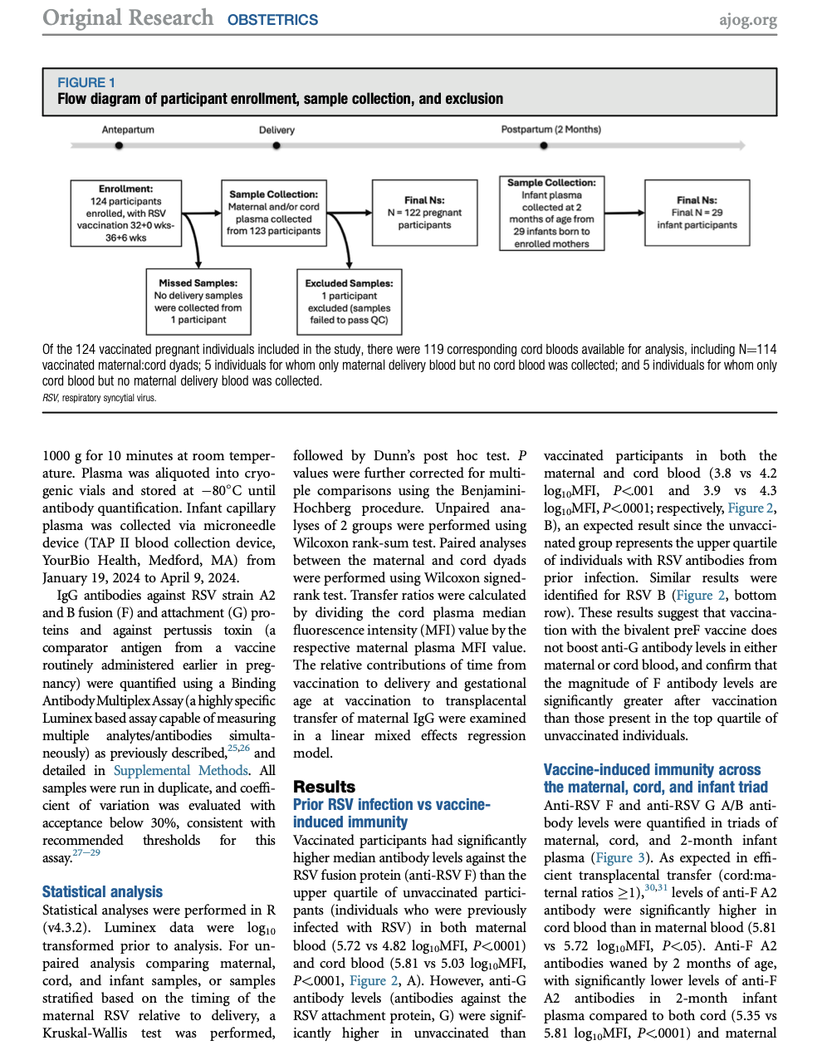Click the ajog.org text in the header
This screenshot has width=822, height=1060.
point(747,19)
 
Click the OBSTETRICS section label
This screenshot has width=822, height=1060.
point(272,20)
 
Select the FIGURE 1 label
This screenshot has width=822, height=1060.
point(86,82)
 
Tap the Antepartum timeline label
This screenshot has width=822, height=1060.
point(128,130)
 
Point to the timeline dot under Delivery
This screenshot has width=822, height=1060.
point(276,145)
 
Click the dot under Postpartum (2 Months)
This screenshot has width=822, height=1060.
point(544,145)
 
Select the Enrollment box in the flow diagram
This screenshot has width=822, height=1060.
point(126,213)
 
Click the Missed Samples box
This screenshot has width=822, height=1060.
point(198,302)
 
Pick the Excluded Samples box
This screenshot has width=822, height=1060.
point(349,302)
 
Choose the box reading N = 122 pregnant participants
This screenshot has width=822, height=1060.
point(424,213)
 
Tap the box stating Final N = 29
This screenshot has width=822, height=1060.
point(697,213)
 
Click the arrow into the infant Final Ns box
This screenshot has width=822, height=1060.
point(624,213)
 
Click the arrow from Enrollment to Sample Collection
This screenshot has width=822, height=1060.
point(201,213)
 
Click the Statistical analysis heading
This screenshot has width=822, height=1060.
point(102,891)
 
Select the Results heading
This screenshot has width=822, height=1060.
point(324,787)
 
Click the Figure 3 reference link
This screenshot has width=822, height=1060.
point(619,857)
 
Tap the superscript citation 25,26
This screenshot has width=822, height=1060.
point(238,748)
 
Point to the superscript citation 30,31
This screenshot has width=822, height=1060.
point(656,888)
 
